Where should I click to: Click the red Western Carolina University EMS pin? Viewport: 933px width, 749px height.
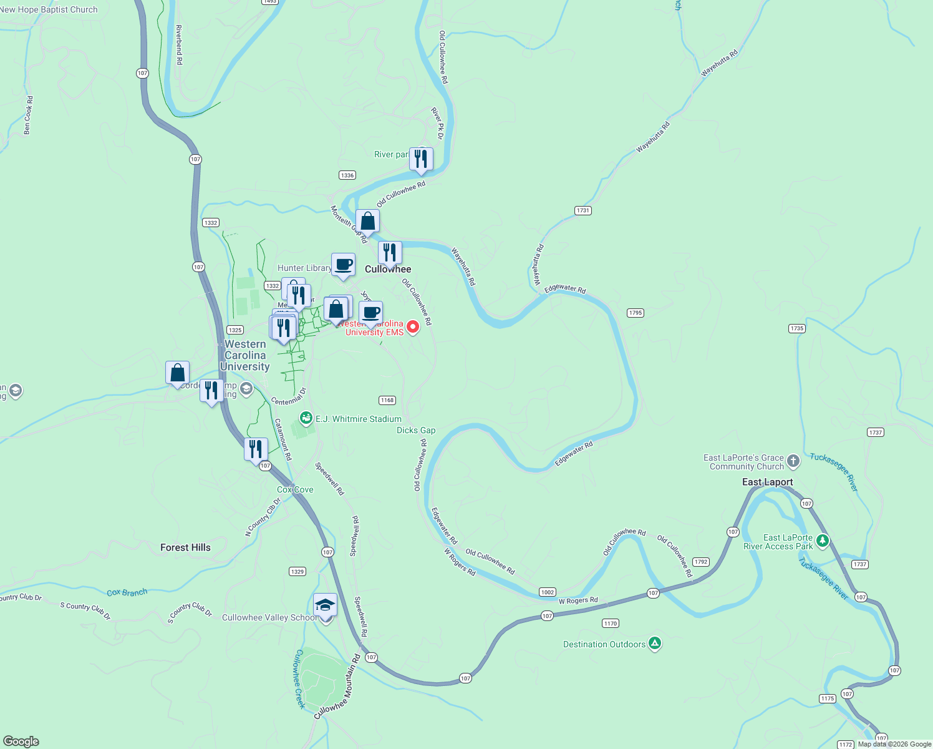412,326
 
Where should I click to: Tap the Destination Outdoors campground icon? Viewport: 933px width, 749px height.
654,644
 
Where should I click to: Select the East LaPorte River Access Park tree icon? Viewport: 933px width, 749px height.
823,541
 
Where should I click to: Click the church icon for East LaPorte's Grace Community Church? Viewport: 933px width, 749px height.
793,461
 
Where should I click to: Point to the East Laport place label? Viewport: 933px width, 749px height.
767,482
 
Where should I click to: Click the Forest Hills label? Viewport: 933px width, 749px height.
185,547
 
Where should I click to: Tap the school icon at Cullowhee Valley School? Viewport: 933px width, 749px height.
325,606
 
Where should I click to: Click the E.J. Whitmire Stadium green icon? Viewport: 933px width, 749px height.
306,418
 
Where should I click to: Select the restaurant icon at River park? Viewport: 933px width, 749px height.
421,159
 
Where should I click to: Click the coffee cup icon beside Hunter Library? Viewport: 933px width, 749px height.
343,265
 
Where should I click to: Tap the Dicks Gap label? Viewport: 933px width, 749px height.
416,430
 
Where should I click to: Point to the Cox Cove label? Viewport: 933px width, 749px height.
295,489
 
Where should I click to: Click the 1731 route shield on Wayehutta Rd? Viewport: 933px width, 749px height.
583,210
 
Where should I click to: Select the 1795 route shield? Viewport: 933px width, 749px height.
635,313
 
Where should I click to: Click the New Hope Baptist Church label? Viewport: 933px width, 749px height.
49,9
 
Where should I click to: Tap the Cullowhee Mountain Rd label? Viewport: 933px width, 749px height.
337,687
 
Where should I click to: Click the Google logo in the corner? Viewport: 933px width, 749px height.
21,741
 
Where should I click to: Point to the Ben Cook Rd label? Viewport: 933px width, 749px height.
27,115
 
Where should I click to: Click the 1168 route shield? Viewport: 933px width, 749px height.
387,400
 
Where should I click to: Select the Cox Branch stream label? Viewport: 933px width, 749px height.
127,592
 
